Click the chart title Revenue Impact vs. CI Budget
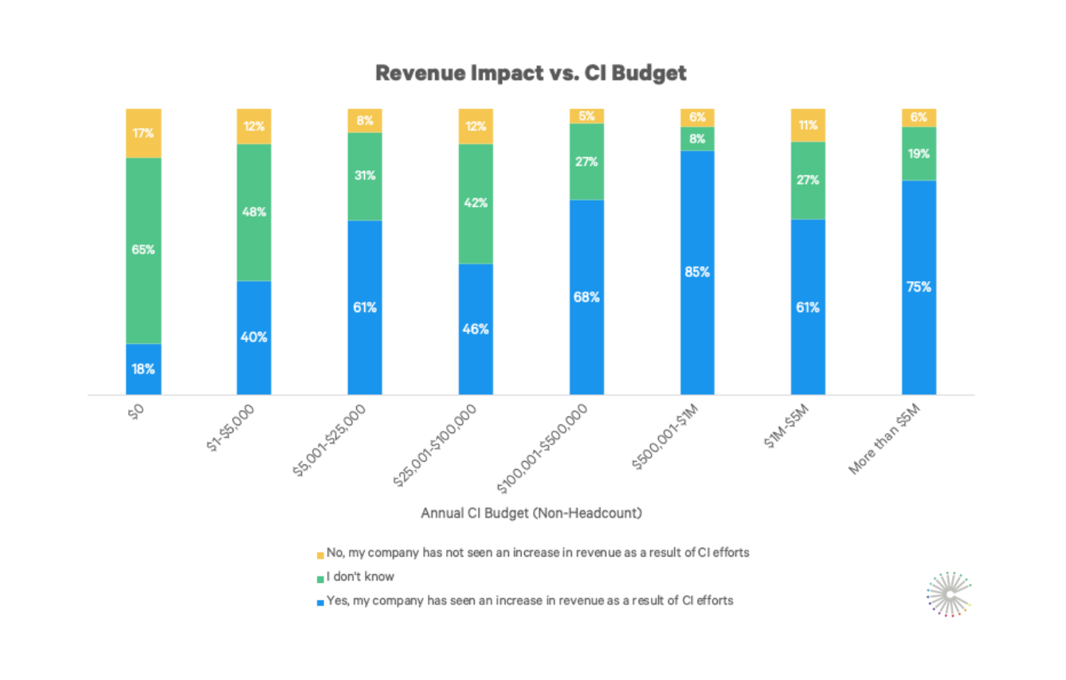click(x=531, y=73)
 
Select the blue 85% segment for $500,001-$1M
click(x=697, y=272)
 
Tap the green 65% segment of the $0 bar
click(x=143, y=250)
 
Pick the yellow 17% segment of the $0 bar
click(x=143, y=133)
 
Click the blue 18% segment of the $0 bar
click(x=143, y=369)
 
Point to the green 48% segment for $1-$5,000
click(x=254, y=213)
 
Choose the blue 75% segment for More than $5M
click(x=919, y=287)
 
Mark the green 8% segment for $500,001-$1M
click(x=697, y=139)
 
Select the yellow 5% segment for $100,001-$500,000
click(x=586, y=116)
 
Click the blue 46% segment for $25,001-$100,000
click(x=476, y=329)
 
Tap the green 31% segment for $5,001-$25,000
click(x=365, y=176)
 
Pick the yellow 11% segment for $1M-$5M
click(x=808, y=125)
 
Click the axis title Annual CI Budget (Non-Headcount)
click(x=531, y=514)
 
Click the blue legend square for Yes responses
click(x=320, y=602)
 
